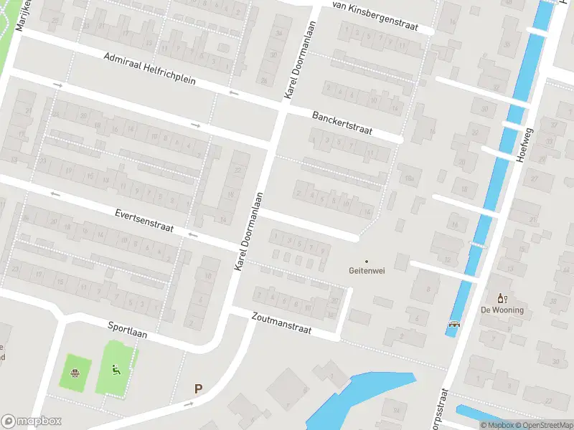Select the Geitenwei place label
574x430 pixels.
pos(366,272)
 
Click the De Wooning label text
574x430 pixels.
pos(502,310)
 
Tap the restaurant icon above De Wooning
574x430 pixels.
pos(502,298)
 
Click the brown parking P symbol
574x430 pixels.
pos(199,389)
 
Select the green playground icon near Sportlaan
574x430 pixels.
pos(116,371)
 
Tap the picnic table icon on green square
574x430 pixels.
pos(75,372)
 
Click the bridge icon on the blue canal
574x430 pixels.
pos(454,324)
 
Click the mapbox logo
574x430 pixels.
pos(31,421)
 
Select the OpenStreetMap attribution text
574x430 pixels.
pos(542,425)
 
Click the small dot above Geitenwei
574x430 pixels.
pos(366,262)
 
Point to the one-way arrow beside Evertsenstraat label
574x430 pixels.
pos(192,234)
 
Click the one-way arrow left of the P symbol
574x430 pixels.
pos(188,403)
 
